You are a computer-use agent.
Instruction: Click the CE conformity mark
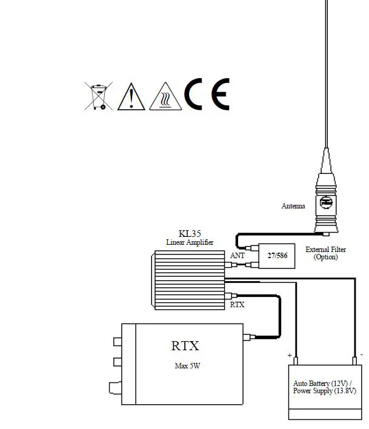pyautogui.click(x=207, y=95)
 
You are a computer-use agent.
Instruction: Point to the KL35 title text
pyautogui.click(x=190, y=234)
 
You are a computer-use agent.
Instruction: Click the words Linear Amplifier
pyautogui.click(x=190, y=242)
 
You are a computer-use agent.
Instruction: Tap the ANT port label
pyautogui.click(x=238, y=256)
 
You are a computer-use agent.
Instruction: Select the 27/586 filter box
pyautogui.click(x=277, y=256)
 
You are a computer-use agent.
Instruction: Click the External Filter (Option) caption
pyautogui.click(x=325, y=253)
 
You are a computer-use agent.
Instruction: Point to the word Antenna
pyautogui.click(x=293, y=206)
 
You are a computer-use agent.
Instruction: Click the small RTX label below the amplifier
pyautogui.click(x=237, y=305)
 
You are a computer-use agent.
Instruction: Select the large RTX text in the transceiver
pyautogui.click(x=185, y=346)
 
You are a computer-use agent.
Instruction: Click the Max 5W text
pyautogui.click(x=185, y=366)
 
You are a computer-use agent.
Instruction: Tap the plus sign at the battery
pyautogui.click(x=290, y=355)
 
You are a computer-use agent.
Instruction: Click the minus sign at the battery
pyautogui.click(x=361, y=354)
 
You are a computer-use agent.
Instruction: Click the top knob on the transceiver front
pyautogui.click(x=118, y=342)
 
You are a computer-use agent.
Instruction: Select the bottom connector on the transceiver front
pyautogui.click(x=115, y=387)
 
